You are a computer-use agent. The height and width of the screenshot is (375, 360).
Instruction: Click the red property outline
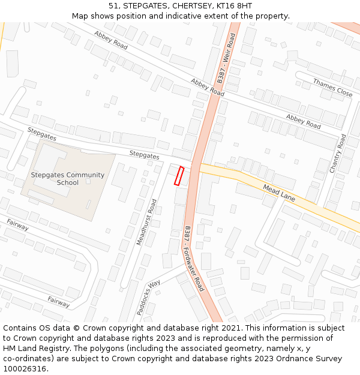point(179,175)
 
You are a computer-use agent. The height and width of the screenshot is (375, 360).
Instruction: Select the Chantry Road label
point(338,154)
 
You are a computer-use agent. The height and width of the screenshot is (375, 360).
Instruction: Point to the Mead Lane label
point(279,193)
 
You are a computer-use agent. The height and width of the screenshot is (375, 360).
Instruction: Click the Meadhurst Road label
point(146,222)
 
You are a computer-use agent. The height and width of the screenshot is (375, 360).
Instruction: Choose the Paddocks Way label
point(148,297)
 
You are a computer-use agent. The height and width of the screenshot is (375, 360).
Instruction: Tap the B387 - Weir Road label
point(226,58)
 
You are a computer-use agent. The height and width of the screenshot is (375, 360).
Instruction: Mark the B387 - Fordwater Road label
point(194,259)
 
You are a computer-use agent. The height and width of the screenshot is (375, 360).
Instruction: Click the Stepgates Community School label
point(68,179)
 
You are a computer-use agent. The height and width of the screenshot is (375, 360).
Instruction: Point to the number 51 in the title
point(113,5)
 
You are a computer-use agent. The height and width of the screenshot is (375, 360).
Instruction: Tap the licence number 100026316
point(26,369)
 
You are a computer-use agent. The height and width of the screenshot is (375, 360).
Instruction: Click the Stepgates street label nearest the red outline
point(145,155)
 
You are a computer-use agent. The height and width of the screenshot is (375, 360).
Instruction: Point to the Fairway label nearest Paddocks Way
point(59,301)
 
